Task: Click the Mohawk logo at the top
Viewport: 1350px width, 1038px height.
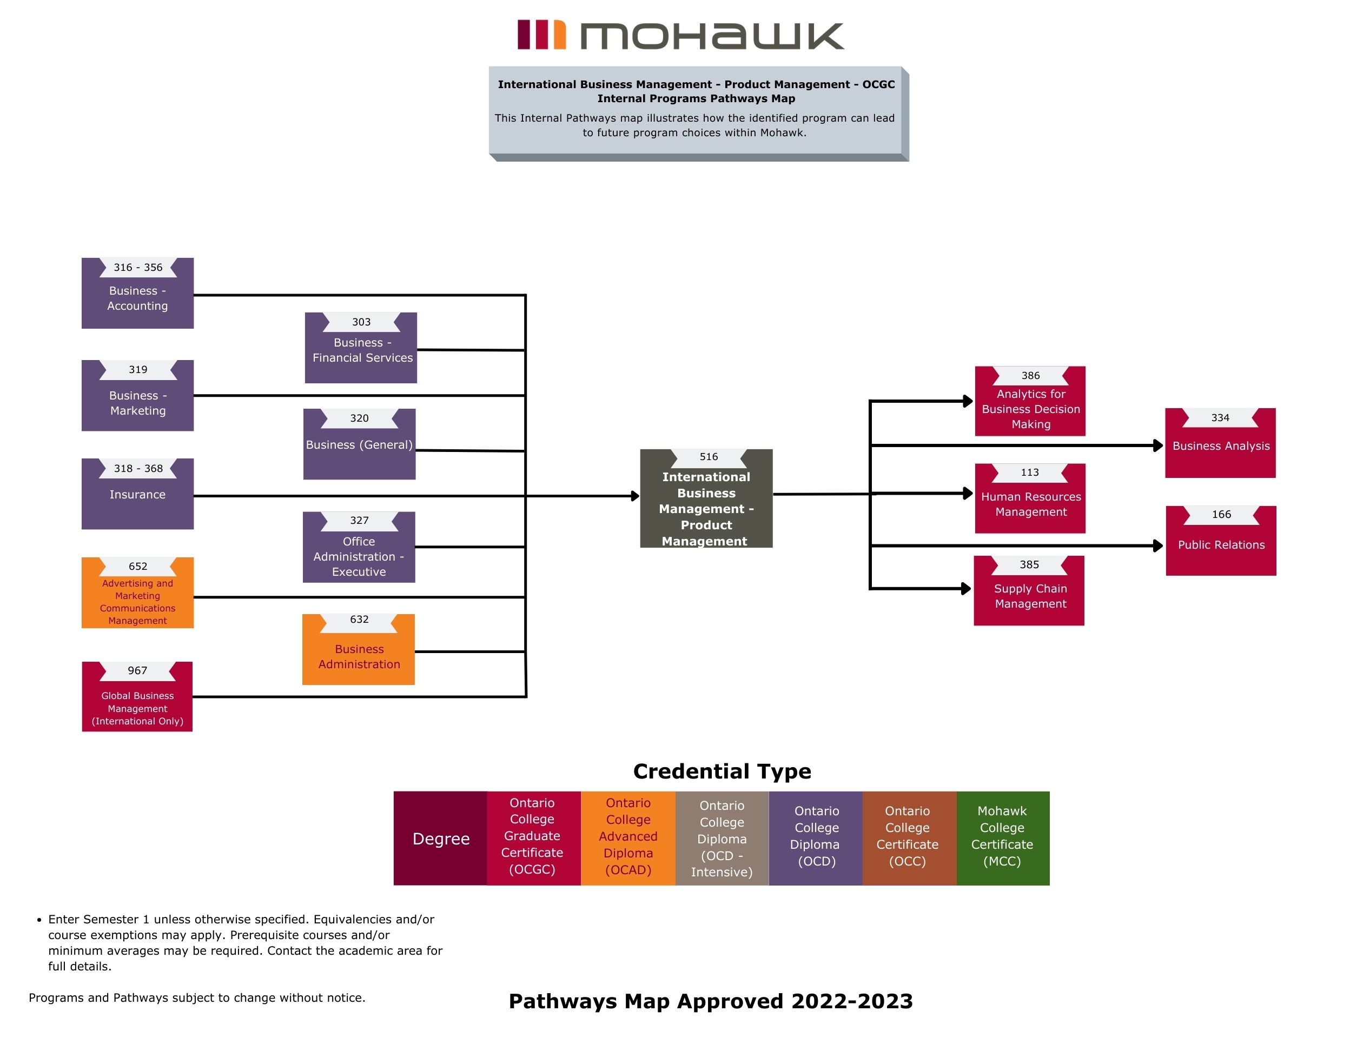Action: (680, 35)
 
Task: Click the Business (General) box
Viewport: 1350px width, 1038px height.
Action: (359, 445)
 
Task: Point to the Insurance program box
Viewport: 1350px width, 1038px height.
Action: (137, 494)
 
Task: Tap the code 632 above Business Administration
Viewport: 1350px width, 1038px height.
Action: (359, 620)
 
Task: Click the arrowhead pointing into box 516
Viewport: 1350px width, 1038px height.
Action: (635, 496)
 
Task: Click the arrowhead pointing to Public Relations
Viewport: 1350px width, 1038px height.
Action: (1158, 545)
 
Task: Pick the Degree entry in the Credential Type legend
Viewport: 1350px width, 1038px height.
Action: (441, 839)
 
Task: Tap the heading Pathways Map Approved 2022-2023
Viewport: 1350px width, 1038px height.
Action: (710, 1001)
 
